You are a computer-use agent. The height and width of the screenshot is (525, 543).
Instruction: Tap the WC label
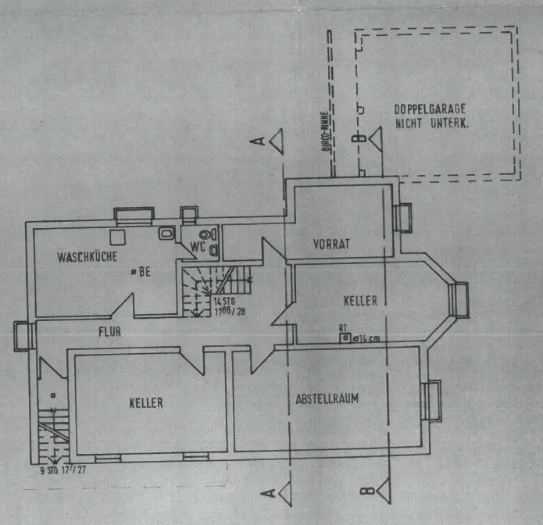[x=197, y=247]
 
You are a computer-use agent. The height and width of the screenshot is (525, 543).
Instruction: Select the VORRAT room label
[x=330, y=244]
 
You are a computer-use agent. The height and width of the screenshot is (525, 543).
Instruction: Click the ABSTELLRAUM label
[x=327, y=398]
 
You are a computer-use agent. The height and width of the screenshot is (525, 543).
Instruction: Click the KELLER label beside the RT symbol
[x=360, y=300]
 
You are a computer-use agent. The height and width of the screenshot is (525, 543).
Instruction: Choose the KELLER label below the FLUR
[x=146, y=403]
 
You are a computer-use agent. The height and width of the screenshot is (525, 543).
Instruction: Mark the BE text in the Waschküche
[x=144, y=273]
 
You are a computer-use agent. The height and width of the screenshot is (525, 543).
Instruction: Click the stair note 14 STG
[x=224, y=300]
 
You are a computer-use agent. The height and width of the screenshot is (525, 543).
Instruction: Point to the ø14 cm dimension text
[x=366, y=338]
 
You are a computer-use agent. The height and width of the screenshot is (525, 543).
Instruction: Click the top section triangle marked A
[x=275, y=141]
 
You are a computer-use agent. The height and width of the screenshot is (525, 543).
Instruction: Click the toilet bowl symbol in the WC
[x=206, y=234]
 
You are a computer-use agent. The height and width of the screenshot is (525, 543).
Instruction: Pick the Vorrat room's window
[x=404, y=216]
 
